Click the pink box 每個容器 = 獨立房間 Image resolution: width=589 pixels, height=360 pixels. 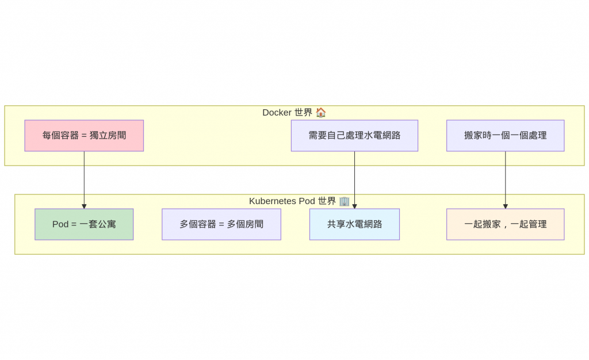point(84,136)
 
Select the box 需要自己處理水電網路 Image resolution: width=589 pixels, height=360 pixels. point(354,136)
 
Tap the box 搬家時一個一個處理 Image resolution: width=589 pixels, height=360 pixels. point(505,136)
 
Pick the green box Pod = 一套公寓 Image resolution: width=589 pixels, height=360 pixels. point(84,224)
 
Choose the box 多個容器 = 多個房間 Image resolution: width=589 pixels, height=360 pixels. point(221,224)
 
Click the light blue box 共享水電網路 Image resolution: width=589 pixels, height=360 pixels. point(354,224)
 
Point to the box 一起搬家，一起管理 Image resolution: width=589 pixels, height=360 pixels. point(505,224)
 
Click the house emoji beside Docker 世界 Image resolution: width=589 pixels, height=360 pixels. point(321,113)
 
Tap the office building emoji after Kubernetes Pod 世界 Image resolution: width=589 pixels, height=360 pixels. point(344,201)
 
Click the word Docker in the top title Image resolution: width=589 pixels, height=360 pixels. point(277,113)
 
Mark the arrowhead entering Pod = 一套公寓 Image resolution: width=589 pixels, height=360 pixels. point(84,206)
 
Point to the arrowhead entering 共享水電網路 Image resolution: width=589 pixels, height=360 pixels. point(354,206)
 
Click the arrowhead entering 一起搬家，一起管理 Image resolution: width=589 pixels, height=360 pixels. point(506,206)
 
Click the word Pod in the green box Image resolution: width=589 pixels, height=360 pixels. point(60,224)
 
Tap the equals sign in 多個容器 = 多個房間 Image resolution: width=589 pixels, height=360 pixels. point(221,224)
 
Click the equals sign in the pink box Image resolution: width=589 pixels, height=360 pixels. point(84,136)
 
